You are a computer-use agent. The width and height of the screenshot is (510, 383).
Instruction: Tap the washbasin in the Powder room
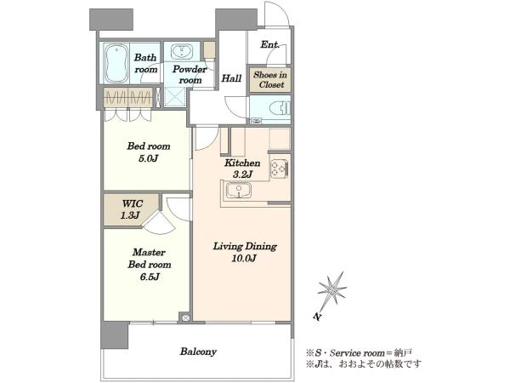182,52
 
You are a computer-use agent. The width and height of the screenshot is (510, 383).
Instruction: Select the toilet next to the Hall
280,108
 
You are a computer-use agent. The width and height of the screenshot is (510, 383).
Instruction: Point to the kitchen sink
239,190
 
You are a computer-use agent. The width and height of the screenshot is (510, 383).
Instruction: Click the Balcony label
198,352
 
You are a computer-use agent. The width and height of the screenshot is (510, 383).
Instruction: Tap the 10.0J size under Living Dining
244,259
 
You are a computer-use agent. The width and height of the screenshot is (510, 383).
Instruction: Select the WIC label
133,204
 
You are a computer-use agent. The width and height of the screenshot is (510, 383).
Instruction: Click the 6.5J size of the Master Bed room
150,277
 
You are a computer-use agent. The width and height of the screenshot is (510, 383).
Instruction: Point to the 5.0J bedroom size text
148,158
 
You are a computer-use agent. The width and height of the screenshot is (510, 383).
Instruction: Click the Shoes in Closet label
270,80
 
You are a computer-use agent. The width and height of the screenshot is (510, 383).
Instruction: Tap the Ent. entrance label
270,44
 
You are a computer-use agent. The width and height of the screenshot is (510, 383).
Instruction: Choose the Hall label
231,78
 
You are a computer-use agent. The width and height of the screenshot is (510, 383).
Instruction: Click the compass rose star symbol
331,289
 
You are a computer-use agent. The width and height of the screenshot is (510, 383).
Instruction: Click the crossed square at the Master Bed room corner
185,317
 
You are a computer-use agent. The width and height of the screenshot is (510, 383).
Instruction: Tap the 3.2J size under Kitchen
242,174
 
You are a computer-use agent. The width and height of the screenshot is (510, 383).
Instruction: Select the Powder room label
190,75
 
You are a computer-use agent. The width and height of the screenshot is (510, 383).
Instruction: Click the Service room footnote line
359,353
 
